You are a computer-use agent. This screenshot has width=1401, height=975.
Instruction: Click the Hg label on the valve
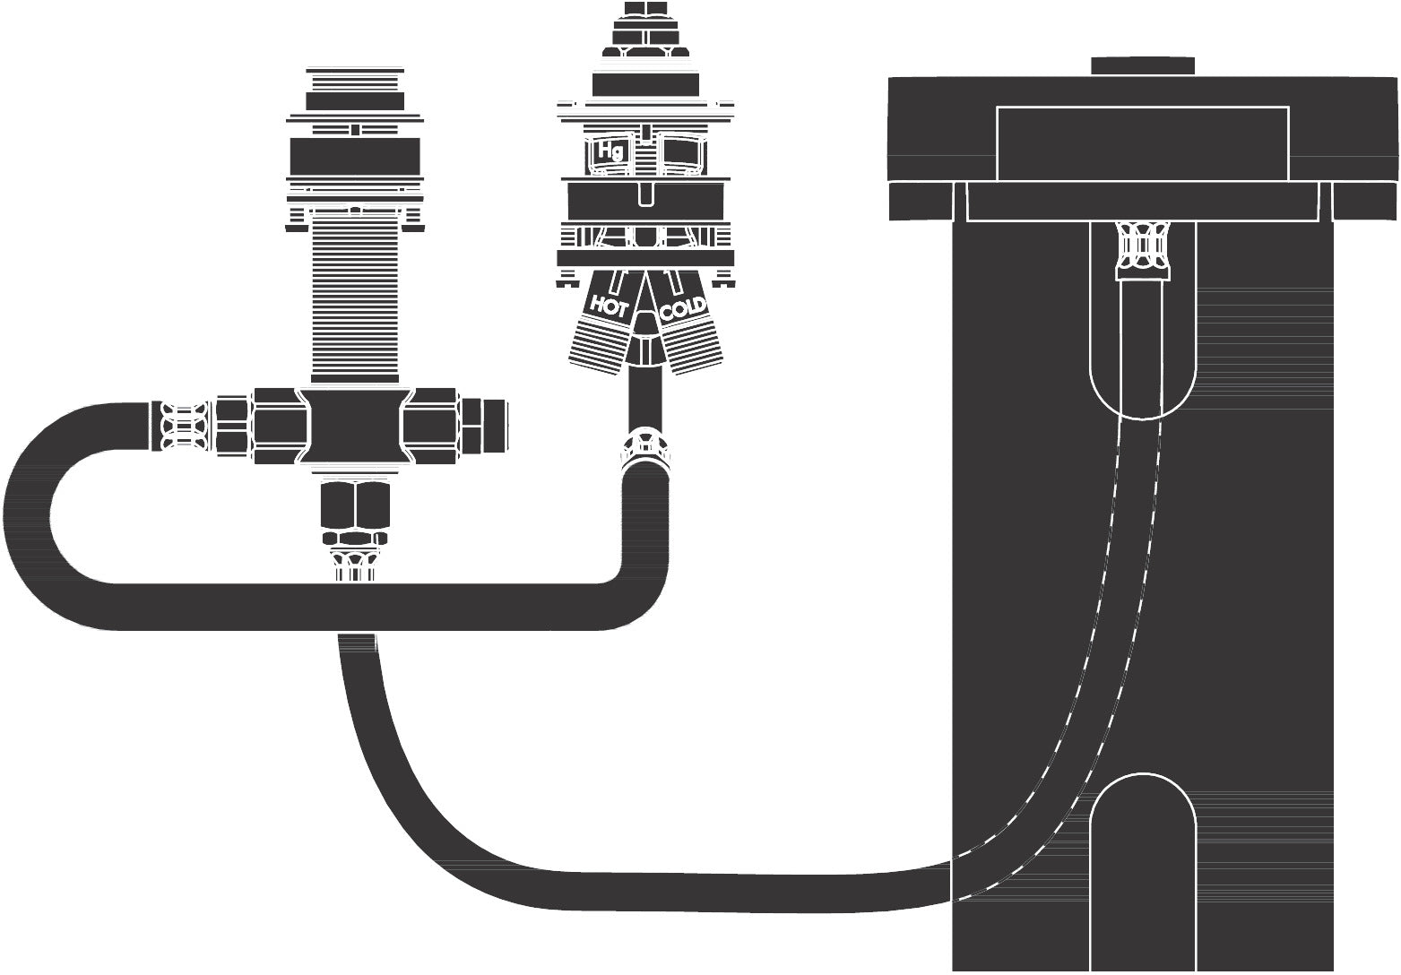coord(610,151)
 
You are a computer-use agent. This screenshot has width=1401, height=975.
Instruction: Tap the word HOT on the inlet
coord(610,307)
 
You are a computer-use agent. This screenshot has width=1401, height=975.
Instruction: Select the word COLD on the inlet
coord(683,307)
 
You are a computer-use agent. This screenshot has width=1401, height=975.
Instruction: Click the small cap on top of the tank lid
coord(1143,65)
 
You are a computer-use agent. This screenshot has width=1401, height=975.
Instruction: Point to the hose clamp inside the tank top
coord(1143,250)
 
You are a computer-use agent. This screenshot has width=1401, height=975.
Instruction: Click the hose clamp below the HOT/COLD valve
coord(645,449)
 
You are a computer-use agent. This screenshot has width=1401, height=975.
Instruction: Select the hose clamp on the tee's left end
coord(183,426)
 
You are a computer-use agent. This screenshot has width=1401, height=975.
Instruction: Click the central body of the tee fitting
coord(355,426)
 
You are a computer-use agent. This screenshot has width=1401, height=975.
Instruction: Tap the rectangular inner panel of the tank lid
coord(1142,143)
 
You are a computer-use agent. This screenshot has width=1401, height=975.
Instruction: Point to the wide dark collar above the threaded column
coord(355,156)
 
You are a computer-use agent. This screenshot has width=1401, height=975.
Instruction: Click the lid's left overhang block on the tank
coord(921,201)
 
